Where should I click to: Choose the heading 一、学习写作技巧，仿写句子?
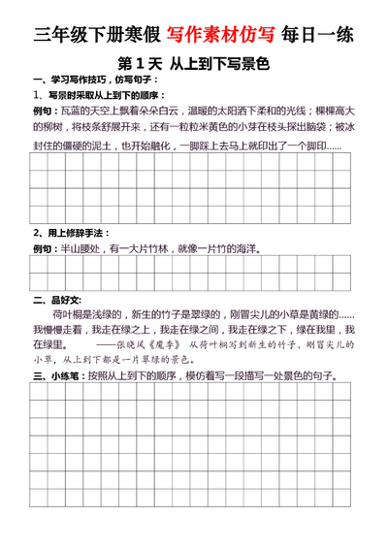(x=90, y=80)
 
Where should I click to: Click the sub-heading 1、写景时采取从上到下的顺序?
(x=100, y=95)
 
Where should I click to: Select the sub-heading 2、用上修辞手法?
(x=73, y=233)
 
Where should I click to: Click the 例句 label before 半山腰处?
(x=44, y=249)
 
